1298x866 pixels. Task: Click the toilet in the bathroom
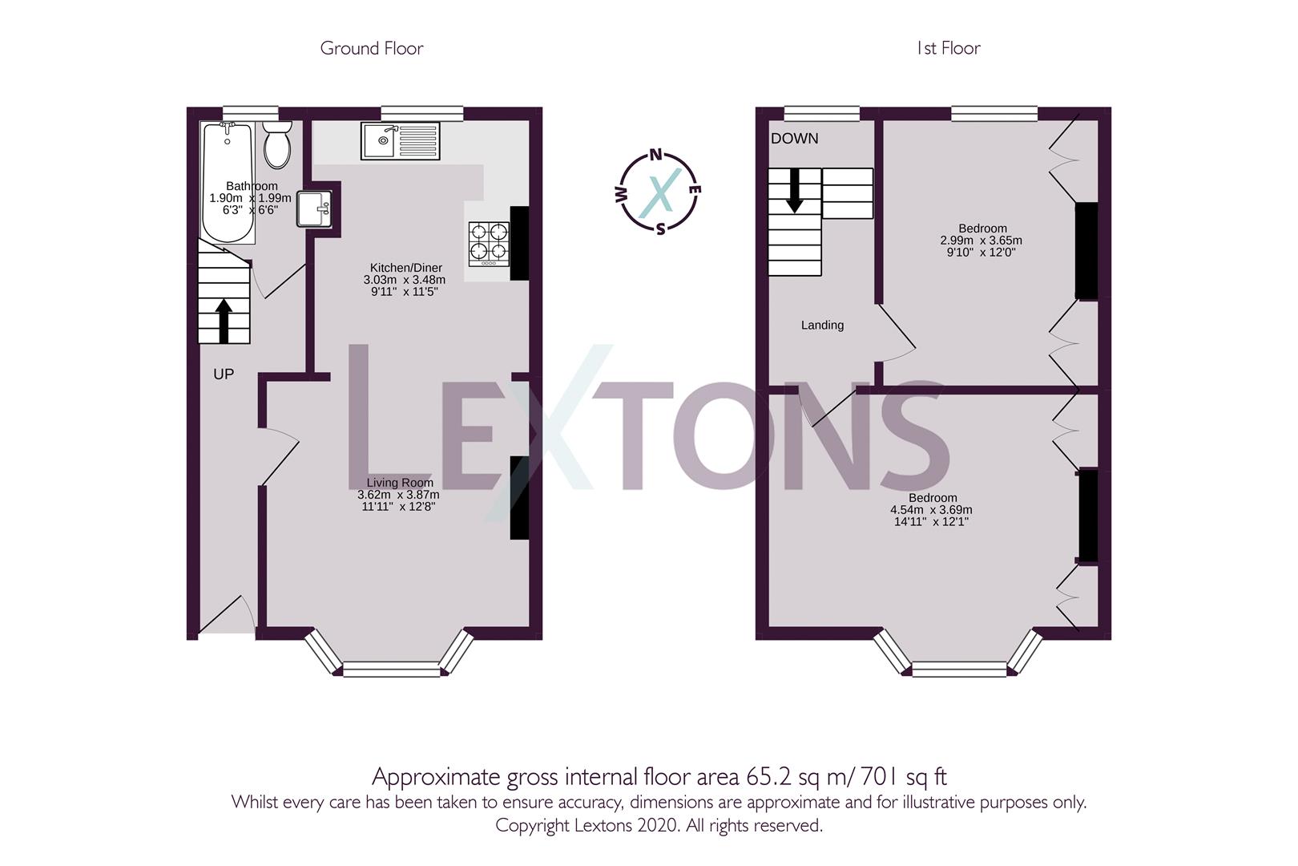[x=277, y=145]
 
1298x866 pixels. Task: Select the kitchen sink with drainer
[x=400, y=141]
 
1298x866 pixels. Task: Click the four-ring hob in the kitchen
[x=489, y=243]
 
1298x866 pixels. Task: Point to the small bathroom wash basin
[x=313, y=208]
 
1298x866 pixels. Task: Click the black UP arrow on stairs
[x=224, y=320]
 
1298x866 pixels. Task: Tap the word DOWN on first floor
[x=794, y=139]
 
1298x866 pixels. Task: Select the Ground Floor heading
[x=371, y=48]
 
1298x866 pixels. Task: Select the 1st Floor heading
[x=948, y=48]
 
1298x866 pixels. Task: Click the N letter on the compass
[x=655, y=156]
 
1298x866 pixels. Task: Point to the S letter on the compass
[x=660, y=229]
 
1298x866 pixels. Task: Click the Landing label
[x=822, y=325]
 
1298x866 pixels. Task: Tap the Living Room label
[x=400, y=483]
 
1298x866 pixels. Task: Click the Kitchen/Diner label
[x=405, y=267]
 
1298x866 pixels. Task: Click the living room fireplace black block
[x=519, y=497]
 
